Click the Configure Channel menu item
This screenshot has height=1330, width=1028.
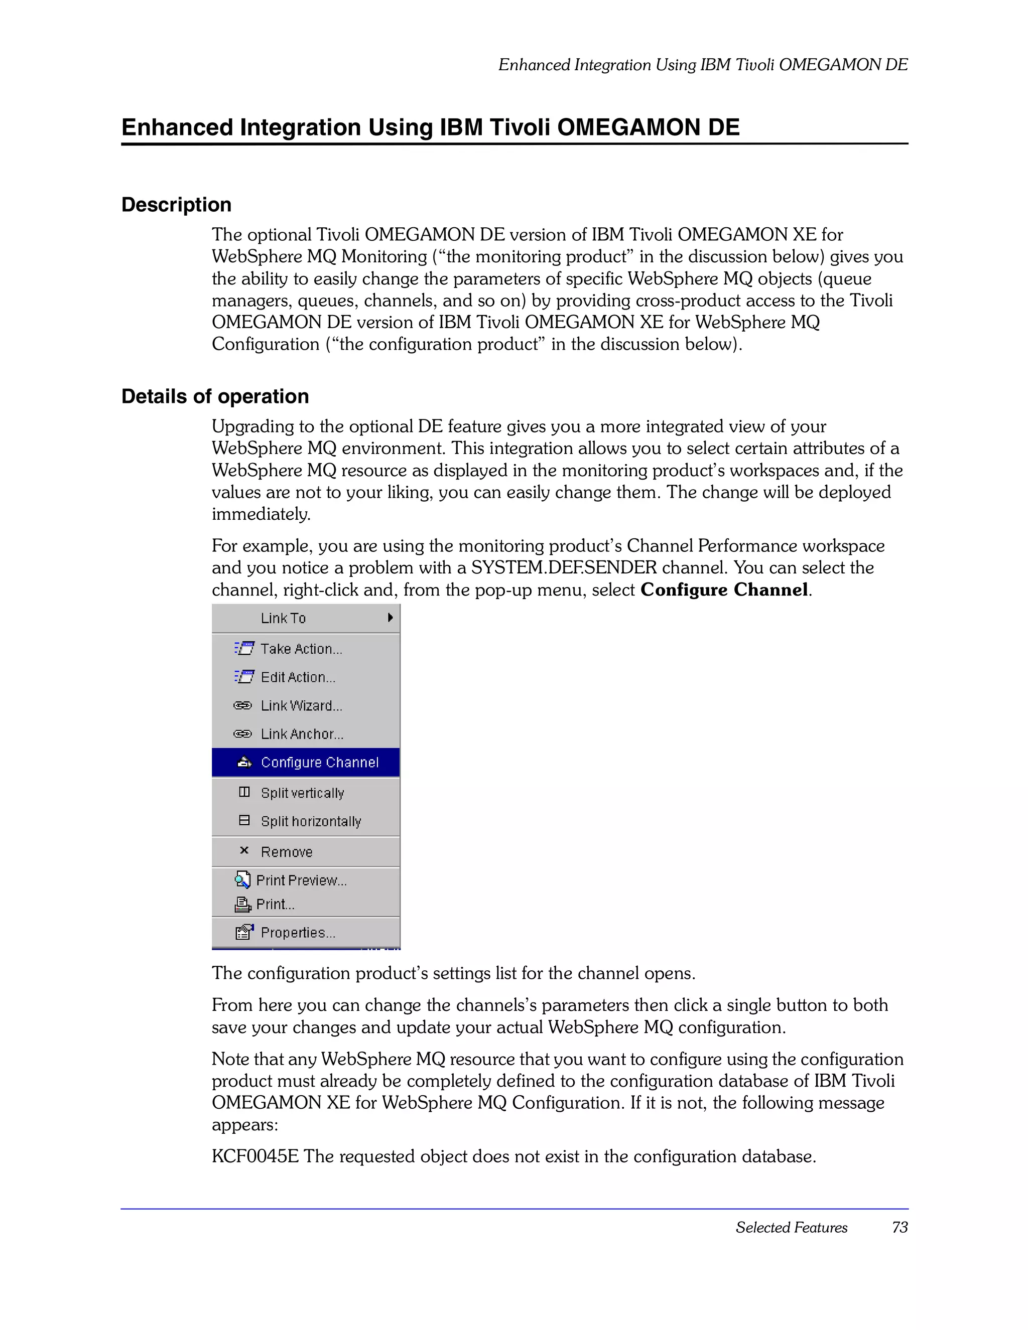point(319,763)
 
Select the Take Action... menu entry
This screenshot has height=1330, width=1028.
point(301,649)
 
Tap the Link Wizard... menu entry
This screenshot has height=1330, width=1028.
point(301,706)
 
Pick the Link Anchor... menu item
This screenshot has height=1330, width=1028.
point(302,734)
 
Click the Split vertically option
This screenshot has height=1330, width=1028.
point(302,793)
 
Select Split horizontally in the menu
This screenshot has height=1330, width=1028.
point(310,821)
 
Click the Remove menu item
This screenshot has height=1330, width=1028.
point(287,852)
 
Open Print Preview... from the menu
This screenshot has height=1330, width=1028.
point(301,880)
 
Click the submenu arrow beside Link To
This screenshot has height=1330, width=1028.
point(390,618)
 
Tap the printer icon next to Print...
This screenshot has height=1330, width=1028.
point(242,905)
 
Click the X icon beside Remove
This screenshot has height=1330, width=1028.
point(244,850)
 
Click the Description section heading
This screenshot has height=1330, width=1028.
point(176,205)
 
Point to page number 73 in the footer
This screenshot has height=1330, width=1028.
point(899,1227)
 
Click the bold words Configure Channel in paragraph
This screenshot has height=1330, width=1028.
point(724,590)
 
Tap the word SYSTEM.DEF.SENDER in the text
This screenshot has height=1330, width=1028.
point(564,567)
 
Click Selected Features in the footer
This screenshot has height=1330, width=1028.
point(791,1227)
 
